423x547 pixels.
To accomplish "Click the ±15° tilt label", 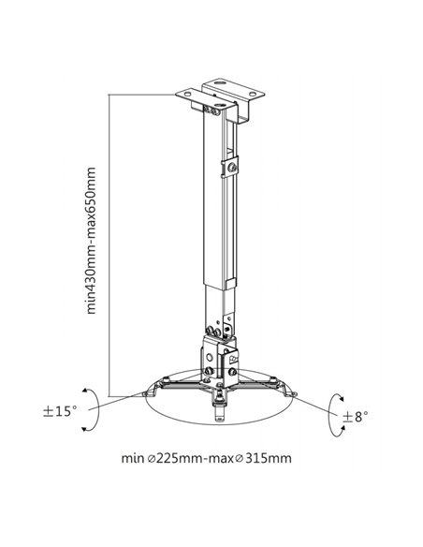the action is point(60,411).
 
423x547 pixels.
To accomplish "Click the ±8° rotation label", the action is point(355,417).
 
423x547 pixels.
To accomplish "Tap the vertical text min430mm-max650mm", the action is point(91,241).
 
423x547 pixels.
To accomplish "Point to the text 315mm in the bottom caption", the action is point(269,458).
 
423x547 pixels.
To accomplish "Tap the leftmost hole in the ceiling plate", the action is point(188,93).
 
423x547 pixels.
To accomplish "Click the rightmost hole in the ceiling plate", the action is point(253,93).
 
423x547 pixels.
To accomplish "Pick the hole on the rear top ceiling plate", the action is point(220,83).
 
